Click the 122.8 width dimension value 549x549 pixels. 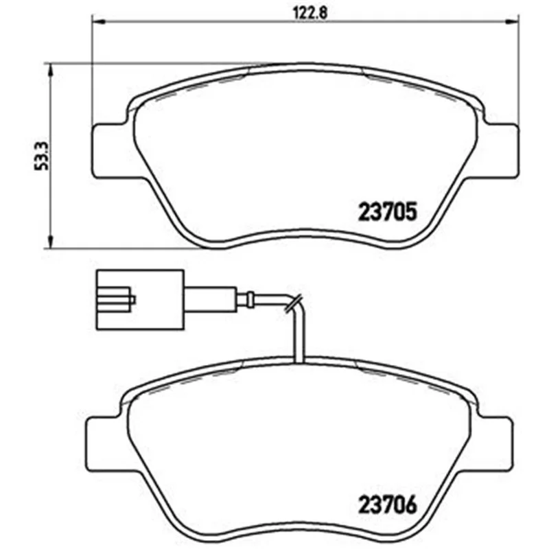tap(309, 13)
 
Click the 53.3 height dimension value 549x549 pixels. tap(41, 156)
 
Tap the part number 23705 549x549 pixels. tap(388, 211)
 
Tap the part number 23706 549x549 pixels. tap(388, 504)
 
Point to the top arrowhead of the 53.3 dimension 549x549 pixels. tap(51, 70)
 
